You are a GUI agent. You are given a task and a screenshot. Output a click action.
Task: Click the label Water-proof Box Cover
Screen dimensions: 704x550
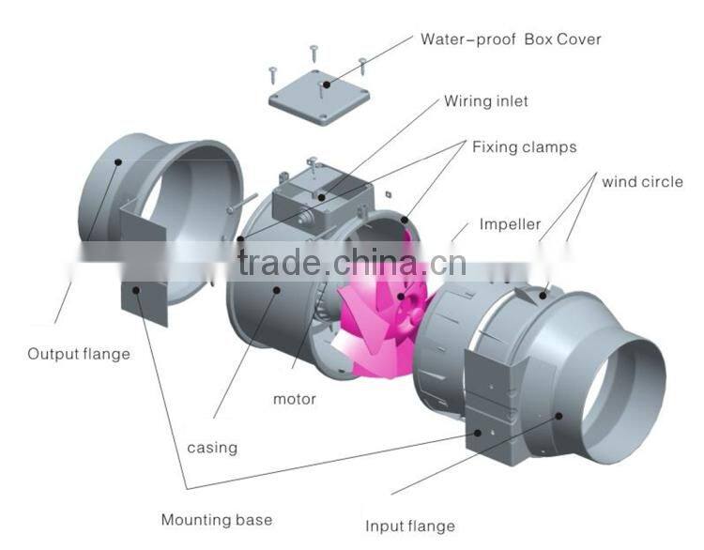[x=511, y=39]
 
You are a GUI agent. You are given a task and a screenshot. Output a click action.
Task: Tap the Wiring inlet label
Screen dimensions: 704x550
[x=486, y=100]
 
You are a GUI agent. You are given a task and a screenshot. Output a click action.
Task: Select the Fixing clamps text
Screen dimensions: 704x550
[x=524, y=147]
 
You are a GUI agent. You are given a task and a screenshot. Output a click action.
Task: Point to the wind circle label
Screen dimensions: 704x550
[x=642, y=181]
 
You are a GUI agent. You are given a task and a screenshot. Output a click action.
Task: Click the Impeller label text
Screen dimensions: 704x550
[x=510, y=224]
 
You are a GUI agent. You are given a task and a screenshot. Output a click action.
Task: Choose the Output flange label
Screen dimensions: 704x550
[x=79, y=354]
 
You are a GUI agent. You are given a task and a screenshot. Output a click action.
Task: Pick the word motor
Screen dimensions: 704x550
[x=295, y=399]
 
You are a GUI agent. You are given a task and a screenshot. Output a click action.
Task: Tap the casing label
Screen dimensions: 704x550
[x=212, y=447]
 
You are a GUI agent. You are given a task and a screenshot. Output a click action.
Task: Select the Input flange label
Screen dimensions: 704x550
[x=409, y=526]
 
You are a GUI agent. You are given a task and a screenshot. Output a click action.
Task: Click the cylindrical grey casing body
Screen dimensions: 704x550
[x=272, y=310]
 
